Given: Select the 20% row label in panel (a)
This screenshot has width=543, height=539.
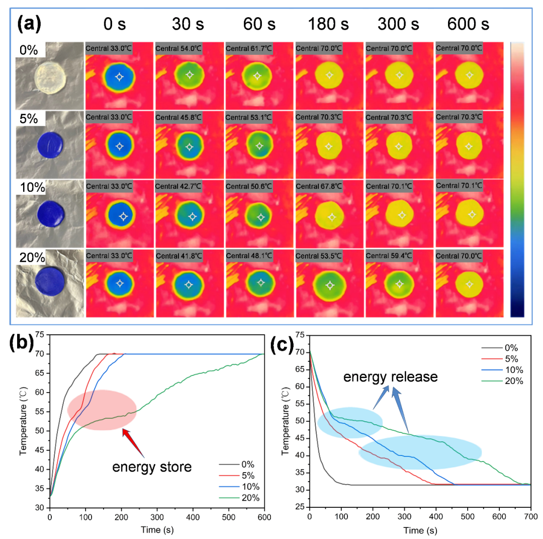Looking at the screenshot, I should pyautogui.click(x=31, y=257).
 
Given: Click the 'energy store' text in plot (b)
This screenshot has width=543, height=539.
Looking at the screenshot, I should pyautogui.click(x=152, y=468).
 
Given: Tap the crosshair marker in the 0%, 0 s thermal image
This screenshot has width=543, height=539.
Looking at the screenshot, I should pyautogui.click(x=119, y=76).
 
